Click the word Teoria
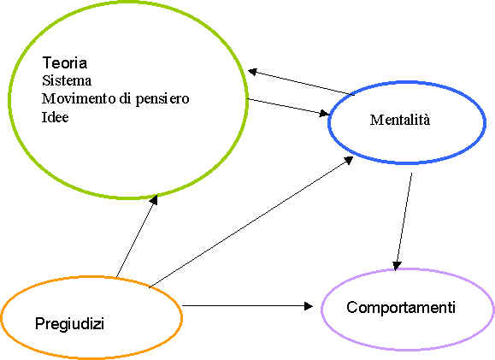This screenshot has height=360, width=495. tap(65, 62)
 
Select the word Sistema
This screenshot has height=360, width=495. tap(67, 80)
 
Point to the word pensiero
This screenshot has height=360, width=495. tap(162, 100)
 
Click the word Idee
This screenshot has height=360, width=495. tap(56, 117)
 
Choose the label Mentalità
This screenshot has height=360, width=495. tap(400, 120)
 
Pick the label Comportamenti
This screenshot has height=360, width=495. tap(401, 307)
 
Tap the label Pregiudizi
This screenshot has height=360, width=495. tap(69, 324)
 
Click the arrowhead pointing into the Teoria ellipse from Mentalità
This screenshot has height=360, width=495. tap(252, 72)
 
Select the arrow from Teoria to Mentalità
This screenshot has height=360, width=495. tap(288, 106)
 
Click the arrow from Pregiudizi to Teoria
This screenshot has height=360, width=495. tap(137, 236)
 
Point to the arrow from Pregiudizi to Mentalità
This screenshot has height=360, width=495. tap(251, 221)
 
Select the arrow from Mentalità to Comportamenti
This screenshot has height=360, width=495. tap(404, 221)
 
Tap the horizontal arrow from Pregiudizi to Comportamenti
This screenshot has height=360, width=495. tap(248, 305)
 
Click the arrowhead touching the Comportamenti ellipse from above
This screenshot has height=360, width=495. tap(397, 266)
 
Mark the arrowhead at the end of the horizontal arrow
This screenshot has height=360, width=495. tap(308, 305)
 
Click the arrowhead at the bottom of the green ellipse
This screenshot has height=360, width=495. tap(154, 199)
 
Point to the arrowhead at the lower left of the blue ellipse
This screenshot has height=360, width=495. tap(349, 160)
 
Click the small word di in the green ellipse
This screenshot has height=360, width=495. tap(126, 98)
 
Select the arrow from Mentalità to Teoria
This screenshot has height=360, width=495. tap(301, 82)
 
